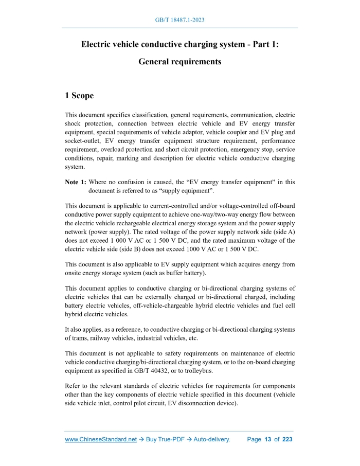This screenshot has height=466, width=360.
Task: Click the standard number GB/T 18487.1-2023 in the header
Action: [180, 20]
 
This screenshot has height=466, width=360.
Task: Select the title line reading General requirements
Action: [180, 62]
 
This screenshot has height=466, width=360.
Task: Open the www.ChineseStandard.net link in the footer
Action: [101, 440]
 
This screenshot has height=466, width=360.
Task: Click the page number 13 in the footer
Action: [267, 440]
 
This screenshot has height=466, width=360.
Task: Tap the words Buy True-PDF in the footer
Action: [164, 440]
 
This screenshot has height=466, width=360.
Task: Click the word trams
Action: [73, 338]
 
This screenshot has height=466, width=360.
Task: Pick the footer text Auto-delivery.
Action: [212, 440]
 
